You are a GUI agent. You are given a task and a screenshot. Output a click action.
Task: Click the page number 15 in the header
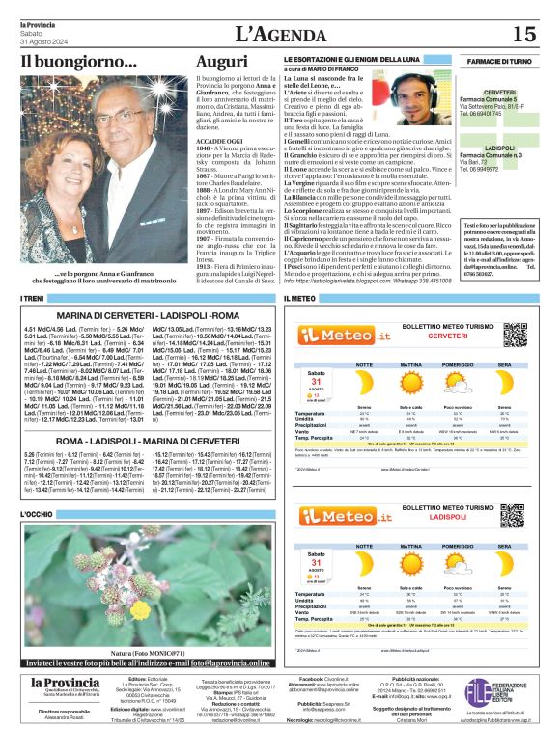523,35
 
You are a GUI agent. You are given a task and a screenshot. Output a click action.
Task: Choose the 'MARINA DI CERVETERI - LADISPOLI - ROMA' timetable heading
148,315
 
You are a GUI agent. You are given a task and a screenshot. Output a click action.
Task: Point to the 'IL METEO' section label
298,300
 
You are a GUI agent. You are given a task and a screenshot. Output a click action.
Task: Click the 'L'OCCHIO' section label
39,514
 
